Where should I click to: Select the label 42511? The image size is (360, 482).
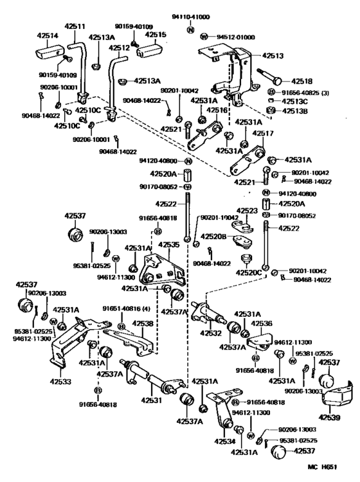(x=75, y=27)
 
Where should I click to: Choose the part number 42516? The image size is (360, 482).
(x=217, y=111)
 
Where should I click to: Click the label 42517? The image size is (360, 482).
(x=262, y=134)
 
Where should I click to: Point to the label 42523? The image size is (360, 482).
(x=247, y=210)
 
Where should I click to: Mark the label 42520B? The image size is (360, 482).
(x=215, y=236)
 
